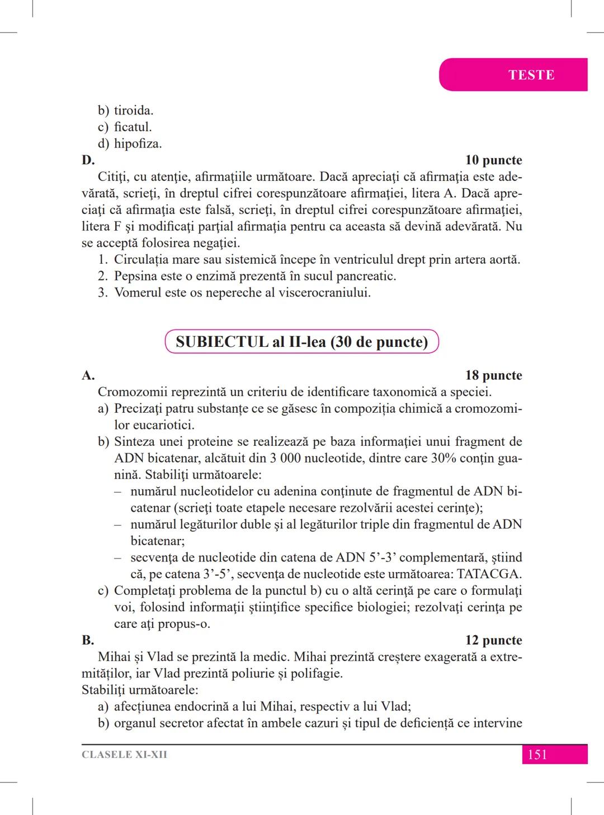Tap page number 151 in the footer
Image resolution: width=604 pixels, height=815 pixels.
[537, 755]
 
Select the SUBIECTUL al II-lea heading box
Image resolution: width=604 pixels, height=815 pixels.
[301, 342]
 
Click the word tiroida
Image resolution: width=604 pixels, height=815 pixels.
[133, 111]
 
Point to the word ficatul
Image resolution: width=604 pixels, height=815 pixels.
[133, 127]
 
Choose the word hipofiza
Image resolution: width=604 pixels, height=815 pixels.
[138, 144]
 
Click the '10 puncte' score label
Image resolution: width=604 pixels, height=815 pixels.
[493, 160]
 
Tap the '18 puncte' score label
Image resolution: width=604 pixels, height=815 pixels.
[493, 375]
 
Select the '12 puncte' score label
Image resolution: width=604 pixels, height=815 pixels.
[493, 640]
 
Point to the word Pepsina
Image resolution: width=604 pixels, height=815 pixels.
[135, 276]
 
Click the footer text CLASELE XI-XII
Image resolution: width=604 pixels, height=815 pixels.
[124, 755]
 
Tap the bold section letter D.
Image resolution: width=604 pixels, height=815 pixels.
[88, 160]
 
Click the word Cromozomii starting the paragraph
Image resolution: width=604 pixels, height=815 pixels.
[132, 392]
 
